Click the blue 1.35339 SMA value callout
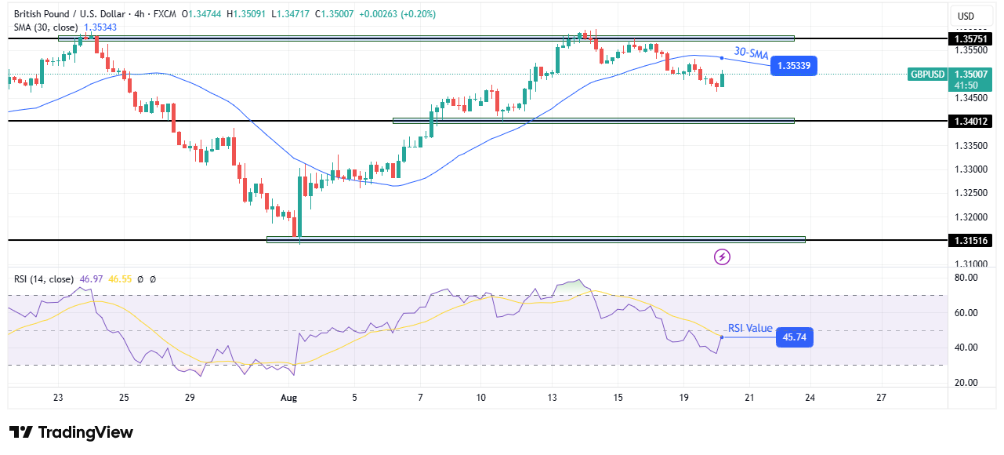click(793, 66)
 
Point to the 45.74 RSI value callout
click(793, 337)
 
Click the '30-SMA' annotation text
click(750, 53)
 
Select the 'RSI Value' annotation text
click(750, 329)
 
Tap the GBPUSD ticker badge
click(926, 75)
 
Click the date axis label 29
click(190, 398)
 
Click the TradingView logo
click(71, 432)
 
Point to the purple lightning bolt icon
click(722, 257)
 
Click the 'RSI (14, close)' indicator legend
click(44, 278)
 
